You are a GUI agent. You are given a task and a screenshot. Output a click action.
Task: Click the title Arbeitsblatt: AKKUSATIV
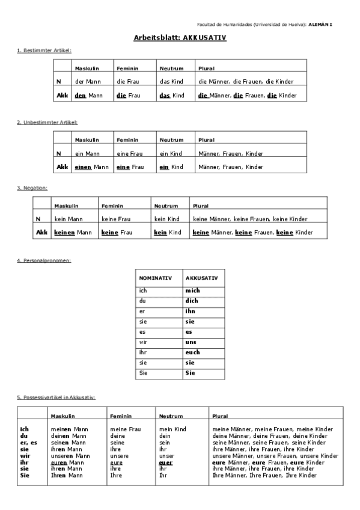click(x=180, y=37)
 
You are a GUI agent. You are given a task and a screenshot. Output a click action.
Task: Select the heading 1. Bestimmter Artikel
click(x=44, y=51)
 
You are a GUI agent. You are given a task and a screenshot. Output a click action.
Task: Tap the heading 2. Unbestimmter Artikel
click(x=47, y=122)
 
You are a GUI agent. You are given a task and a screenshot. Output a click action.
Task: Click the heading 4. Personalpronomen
click(x=44, y=260)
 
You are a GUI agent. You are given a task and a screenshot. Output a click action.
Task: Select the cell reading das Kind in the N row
click(x=172, y=81)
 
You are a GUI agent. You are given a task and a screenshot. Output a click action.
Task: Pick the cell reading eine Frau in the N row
click(x=130, y=153)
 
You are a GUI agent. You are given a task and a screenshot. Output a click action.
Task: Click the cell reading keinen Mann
click(x=72, y=232)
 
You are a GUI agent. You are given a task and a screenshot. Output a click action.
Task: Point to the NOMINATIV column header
click(x=156, y=278)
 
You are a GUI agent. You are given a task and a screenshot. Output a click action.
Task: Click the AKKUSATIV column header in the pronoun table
click(x=201, y=278)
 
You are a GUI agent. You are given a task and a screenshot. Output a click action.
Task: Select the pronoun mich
click(x=192, y=290)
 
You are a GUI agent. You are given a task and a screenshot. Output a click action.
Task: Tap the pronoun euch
click(x=193, y=352)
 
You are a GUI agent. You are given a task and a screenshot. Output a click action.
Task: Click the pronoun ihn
click(x=191, y=312)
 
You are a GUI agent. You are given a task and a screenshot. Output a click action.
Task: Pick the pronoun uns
click(x=191, y=342)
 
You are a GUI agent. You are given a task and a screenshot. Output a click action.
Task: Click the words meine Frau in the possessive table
click(x=125, y=429)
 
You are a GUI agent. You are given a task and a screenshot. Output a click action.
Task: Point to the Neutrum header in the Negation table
click(x=166, y=206)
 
